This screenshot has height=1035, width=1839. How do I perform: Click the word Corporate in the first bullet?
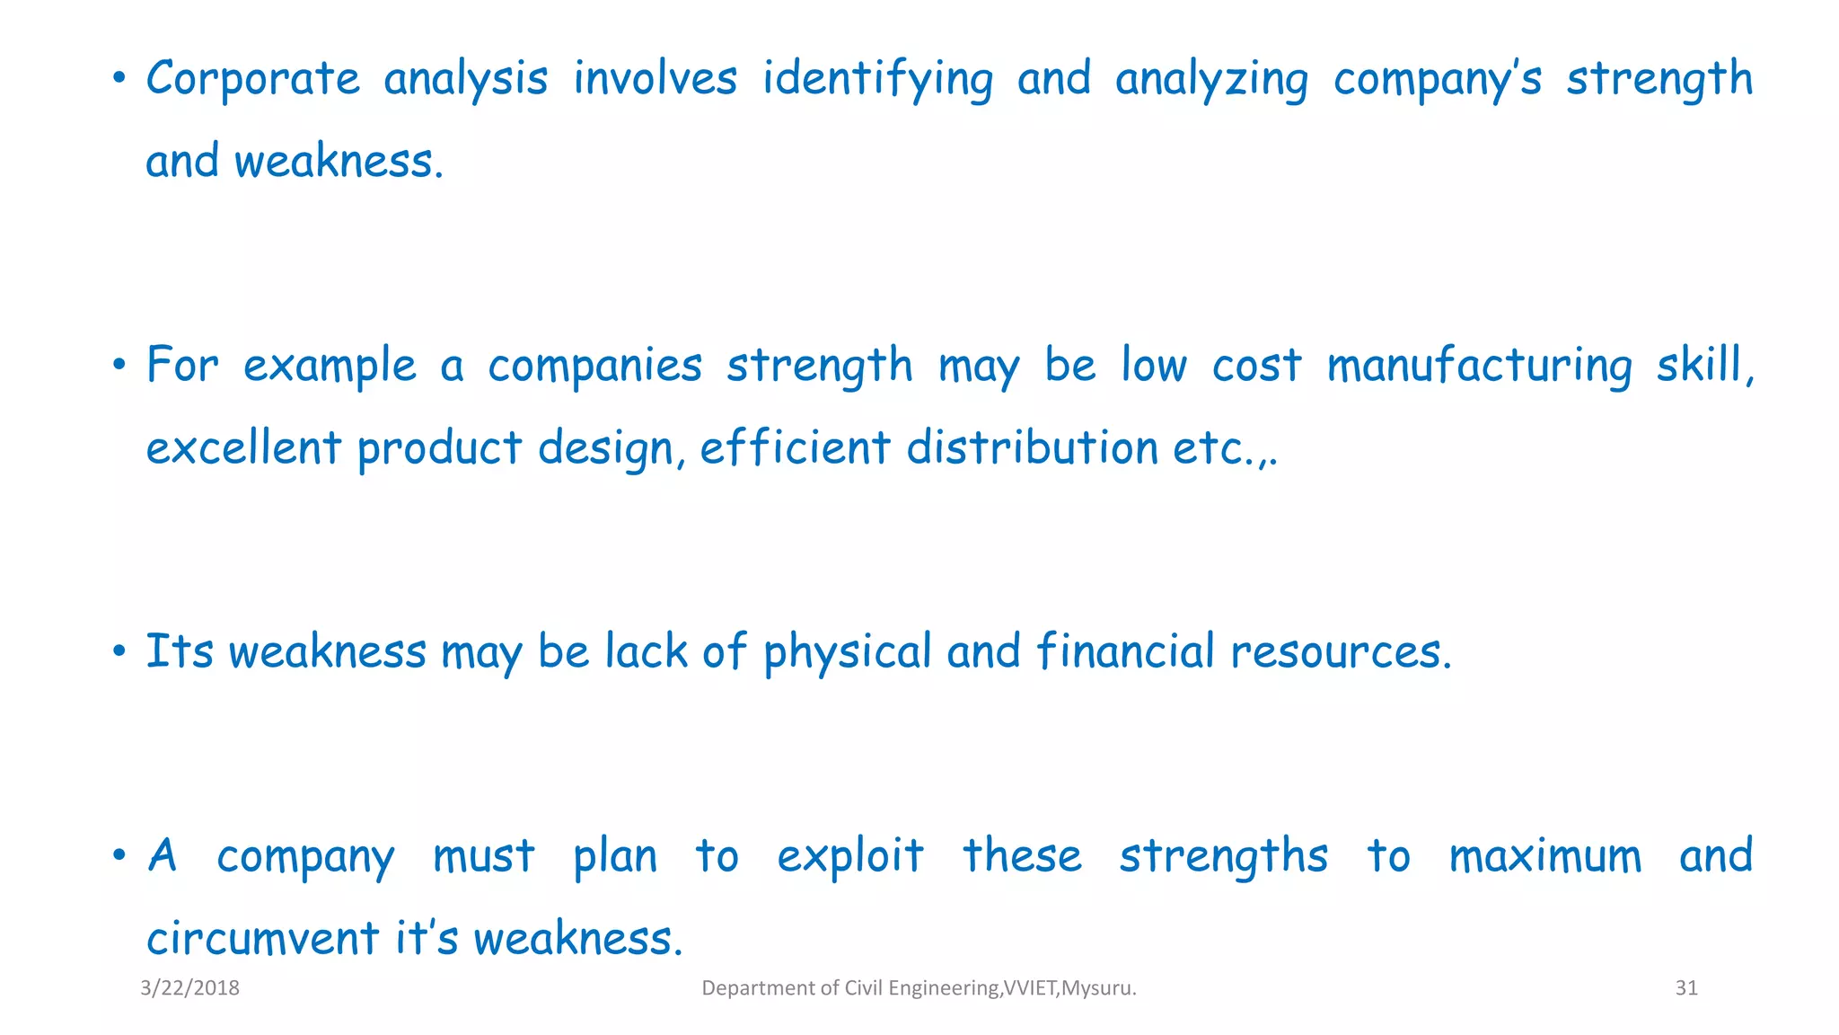252,79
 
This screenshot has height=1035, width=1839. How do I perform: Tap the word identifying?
877,79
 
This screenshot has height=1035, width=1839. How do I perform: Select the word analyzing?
1211,79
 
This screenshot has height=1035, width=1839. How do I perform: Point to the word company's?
1437,79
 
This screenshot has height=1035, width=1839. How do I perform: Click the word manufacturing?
1479,367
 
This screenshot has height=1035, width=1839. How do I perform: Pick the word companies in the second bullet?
594,367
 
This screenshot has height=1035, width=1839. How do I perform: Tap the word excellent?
243,447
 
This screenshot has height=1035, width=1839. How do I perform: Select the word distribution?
1032,447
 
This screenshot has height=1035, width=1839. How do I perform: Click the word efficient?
795,447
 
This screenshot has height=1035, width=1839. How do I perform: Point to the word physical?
848,652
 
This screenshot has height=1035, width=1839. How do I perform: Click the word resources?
1340,652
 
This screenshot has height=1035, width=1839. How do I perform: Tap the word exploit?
849,856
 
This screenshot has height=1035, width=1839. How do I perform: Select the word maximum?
1544,856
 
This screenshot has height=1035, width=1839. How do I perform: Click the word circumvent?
262,939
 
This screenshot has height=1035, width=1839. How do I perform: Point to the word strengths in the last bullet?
1223,856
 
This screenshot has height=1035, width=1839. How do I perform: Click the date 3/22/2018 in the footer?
190,988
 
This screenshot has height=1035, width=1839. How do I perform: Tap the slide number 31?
1686,988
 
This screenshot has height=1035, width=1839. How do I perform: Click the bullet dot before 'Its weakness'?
119,652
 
